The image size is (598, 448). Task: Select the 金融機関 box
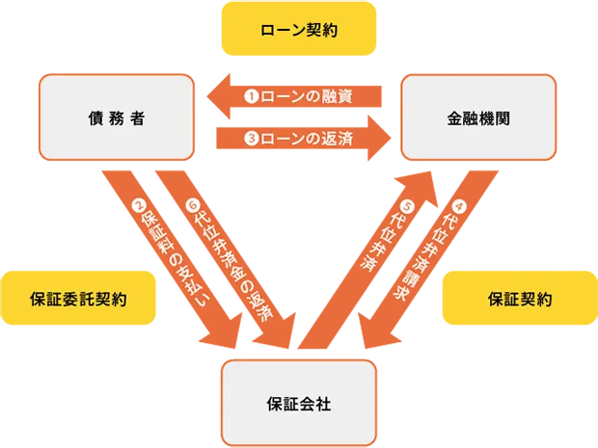pos(478,119)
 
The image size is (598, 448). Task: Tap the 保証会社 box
pos(299,403)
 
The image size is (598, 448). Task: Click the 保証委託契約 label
pos(78,300)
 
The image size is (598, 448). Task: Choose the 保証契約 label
pos(519,300)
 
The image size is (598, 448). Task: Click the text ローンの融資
pos(306,96)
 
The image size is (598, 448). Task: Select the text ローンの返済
pos(306,139)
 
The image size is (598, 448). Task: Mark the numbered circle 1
pos(251,96)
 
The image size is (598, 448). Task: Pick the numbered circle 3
pos(251,139)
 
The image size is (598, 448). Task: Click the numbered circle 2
pos(139,205)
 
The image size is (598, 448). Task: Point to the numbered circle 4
pos(459,205)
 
